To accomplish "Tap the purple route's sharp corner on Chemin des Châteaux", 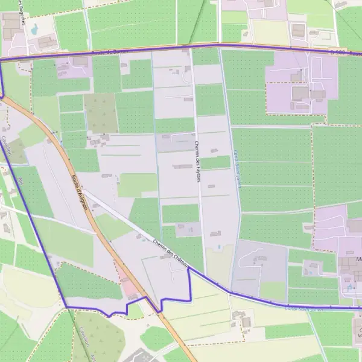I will point(189,269).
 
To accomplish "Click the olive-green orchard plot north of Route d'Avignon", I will point(101,113).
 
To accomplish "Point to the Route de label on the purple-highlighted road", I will point(103,54).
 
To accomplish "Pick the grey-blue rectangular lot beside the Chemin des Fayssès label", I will point(176,143).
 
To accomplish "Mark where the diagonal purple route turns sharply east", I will point(65,306).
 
